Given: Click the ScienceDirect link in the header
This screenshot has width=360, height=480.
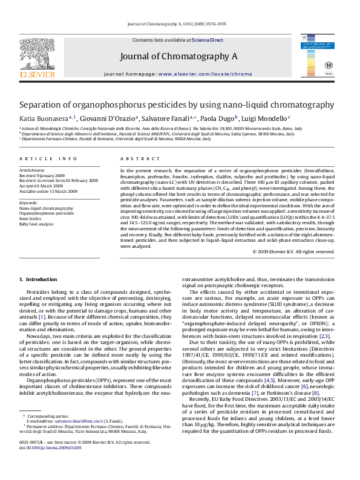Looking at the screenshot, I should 208,40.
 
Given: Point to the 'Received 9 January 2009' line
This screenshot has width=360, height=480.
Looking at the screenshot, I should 42,175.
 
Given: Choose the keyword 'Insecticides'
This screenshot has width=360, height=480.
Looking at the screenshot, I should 33,218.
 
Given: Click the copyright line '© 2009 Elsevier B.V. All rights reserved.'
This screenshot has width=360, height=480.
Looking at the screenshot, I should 292,251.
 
